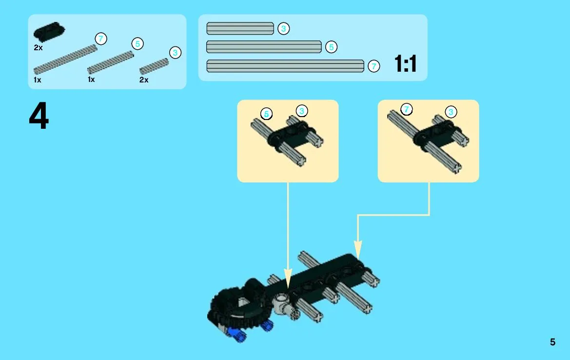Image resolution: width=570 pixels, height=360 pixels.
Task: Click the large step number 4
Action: coord(39,116)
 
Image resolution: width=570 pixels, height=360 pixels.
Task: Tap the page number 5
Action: coord(552,342)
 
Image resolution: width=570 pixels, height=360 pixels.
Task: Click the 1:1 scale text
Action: coord(405,63)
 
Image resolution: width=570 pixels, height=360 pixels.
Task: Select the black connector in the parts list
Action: coord(49,31)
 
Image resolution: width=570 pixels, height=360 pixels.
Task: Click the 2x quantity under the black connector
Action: coord(38,48)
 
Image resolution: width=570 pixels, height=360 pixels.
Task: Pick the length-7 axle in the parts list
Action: coord(65,60)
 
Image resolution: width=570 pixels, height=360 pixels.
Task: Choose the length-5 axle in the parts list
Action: coord(111,62)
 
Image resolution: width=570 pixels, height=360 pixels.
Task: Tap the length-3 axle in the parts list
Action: coord(154,66)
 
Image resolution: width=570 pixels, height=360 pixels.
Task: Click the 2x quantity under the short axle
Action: coord(144,80)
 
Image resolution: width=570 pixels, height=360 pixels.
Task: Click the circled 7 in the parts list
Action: coord(101,39)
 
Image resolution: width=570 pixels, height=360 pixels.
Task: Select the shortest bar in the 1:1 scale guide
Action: coord(240,28)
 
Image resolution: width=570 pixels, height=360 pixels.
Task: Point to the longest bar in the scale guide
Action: coord(285,66)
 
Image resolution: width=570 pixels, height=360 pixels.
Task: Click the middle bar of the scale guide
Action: coord(264,47)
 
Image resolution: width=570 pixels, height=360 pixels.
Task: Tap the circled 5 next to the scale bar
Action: coord(331,47)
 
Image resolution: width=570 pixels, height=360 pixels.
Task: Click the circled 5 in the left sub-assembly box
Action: coord(266,114)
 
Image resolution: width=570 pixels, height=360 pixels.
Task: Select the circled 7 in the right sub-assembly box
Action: coord(407,109)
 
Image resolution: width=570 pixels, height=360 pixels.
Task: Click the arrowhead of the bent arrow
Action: coord(358,251)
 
